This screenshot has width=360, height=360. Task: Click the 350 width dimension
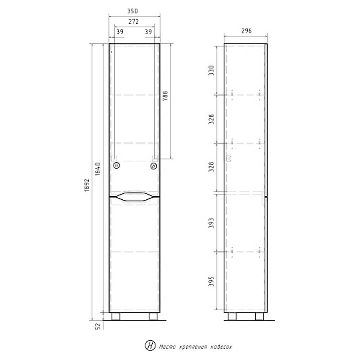[132, 11]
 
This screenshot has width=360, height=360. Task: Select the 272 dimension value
[134, 22]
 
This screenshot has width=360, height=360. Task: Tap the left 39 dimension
[120, 31]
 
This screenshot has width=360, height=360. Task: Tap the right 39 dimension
[148, 31]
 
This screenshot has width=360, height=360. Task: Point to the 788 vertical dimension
[165, 96]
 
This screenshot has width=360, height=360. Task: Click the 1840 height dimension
[98, 169]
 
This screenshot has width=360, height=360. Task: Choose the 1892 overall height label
[87, 185]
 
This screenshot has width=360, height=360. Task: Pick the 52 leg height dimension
[98, 326]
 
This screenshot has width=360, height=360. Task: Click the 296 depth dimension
[246, 31]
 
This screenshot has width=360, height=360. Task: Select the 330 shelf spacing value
[211, 70]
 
